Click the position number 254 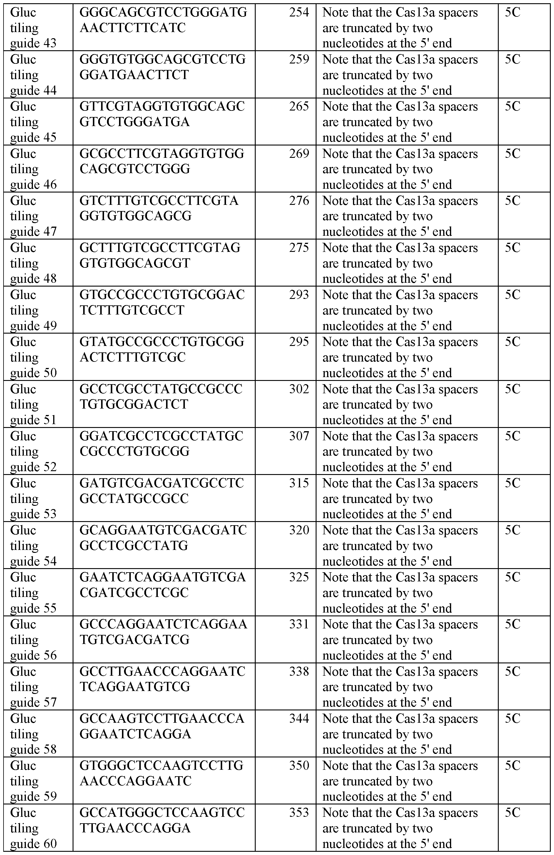click(x=299, y=13)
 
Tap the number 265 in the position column click(x=299, y=107)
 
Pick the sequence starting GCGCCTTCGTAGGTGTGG click(x=162, y=161)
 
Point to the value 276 click(x=299, y=201)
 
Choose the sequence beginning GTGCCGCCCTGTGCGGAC click(x=162, y=302)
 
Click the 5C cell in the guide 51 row click(x=512, y=389)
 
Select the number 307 click(x=299, y=436)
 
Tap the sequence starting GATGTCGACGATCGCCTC click(x=162, y=491)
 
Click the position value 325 click(x=299, y=577)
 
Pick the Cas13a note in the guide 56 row click(x=400, y=640)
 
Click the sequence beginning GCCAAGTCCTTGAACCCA click(x=162, y=726)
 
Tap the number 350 click(x=299, y=766)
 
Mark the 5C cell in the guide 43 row click(x=512, y=13)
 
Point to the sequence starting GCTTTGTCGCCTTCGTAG click(x=162, y=255)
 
